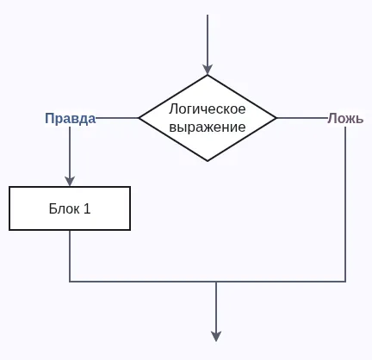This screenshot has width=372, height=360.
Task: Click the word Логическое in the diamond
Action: point(208,109)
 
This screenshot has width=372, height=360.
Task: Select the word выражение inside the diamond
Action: point(208,127)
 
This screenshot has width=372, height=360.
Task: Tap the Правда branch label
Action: point(70,118)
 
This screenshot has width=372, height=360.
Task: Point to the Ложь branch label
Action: point(345,118)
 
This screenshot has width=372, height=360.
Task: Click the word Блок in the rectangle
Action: point(61,208)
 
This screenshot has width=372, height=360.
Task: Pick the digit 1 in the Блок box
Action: point(86,208)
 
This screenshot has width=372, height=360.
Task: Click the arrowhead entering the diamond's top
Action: point(208,69)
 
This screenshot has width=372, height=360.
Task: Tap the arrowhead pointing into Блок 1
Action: point(70,181)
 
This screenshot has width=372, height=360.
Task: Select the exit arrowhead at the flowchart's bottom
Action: point(216,336)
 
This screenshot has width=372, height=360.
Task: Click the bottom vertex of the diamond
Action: point(208,161)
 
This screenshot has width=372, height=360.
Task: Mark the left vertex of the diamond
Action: point(139,118)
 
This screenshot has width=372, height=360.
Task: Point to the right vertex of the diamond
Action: point(276,118)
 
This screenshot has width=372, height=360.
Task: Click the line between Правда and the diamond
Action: point(118,118)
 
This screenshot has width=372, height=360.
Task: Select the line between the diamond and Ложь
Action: point(301,118)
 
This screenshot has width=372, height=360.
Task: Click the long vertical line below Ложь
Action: point(345,207)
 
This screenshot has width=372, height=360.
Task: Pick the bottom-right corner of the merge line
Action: point(345,282)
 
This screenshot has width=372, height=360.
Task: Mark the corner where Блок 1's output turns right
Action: point(70,282)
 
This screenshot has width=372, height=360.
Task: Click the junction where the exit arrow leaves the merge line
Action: point(216,282)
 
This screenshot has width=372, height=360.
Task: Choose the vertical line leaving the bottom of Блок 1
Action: point(70,256)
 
